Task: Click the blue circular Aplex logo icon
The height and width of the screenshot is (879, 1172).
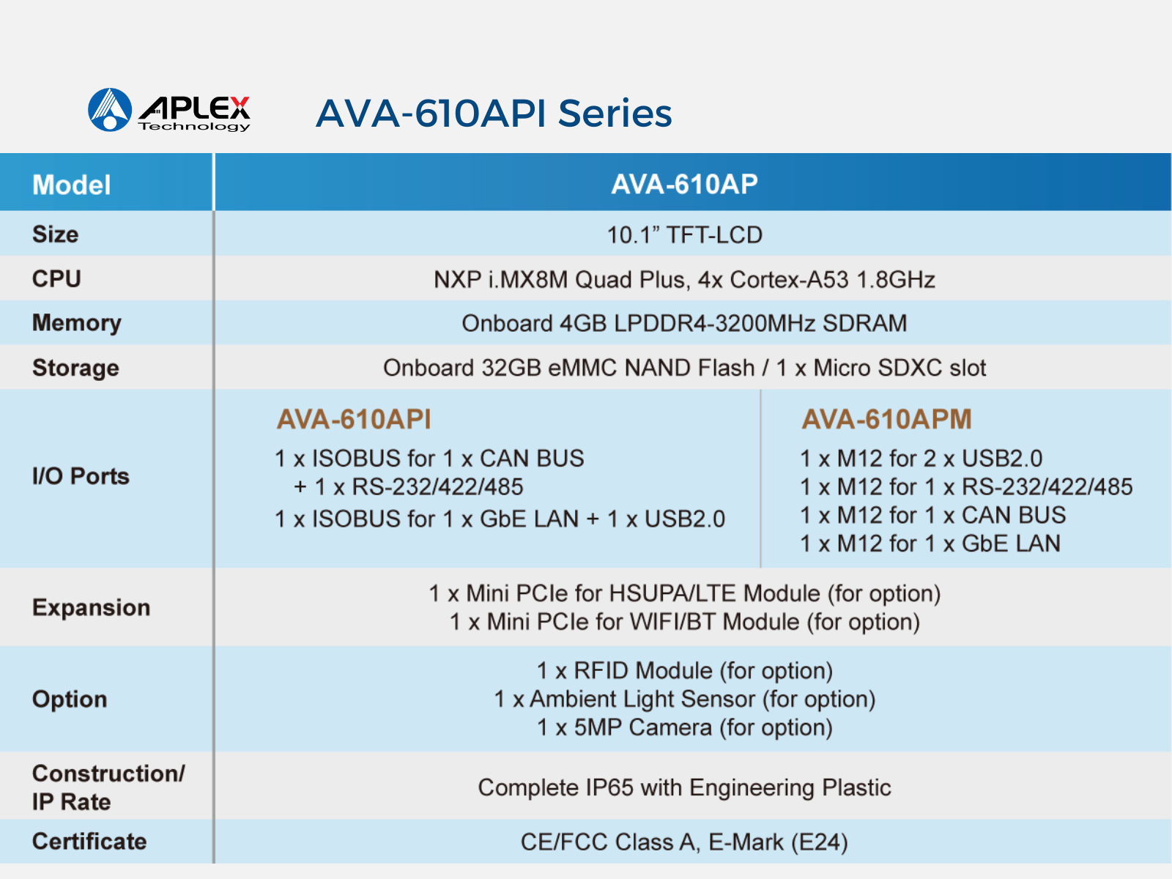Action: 109,110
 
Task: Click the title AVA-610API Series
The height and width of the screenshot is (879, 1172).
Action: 494,114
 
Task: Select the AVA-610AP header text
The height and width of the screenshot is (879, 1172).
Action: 684,184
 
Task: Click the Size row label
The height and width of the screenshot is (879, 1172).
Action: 56,234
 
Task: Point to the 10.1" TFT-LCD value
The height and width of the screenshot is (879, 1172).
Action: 684,235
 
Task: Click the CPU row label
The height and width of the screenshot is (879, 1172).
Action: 56,278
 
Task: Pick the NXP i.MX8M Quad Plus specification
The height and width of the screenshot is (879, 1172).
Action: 684,280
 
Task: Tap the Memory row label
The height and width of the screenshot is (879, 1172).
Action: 77,324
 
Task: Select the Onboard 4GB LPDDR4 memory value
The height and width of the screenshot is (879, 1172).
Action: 684,324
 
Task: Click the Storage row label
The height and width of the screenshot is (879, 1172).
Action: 76,368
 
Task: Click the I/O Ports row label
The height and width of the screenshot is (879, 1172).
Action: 81,476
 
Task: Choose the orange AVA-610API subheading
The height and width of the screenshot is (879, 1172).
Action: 354,419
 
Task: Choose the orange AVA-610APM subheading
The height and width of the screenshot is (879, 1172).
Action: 886,419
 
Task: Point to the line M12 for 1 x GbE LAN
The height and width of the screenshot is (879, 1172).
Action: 930,544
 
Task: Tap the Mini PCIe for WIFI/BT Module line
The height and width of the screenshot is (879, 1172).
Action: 684,622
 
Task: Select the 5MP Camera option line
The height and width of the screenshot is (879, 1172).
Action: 684,727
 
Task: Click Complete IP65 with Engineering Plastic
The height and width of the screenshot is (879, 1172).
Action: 684,787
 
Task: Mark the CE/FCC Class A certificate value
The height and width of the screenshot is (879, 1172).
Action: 684,842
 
